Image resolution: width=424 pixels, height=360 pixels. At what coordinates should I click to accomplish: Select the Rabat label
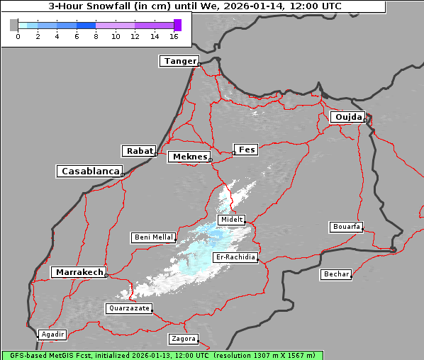[x=139, y=151]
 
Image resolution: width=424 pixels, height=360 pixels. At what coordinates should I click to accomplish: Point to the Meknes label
[x=189, y=157]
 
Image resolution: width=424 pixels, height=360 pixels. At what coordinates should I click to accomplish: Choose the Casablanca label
[x=90, y=171]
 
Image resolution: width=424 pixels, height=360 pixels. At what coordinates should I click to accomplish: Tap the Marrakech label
[x=79, y=272]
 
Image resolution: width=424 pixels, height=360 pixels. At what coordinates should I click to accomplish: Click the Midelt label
[x=232, y=220]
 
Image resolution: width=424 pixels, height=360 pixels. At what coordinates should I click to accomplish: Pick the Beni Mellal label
[x=153, y=237]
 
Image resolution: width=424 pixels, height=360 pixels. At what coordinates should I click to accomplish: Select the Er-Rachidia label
[x=235, y=257]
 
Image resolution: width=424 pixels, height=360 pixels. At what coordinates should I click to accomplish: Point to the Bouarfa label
[x=346, y=227]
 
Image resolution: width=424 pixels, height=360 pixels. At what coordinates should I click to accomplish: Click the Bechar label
[x=335, y=274]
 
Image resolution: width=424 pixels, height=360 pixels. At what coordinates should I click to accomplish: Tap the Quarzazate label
[x=128, y=308]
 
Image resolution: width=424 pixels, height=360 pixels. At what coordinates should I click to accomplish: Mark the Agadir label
[x=52, y=334]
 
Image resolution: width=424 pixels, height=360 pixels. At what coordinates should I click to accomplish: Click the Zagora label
[x=183, y=339]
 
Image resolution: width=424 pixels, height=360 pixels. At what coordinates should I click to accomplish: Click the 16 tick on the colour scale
[x=174, y=35]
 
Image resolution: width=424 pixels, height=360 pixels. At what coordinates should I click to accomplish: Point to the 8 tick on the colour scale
[x=96, y=35]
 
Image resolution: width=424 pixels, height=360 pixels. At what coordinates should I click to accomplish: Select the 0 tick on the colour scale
[x=18, y=35]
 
